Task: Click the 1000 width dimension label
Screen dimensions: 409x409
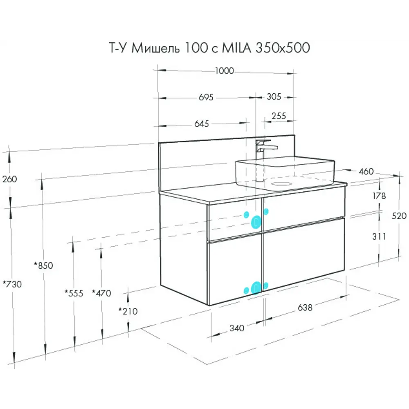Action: [x=224, y=71]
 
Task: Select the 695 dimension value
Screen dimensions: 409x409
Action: [x=207, y=97]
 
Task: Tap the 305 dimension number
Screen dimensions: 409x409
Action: [x=274, y=97]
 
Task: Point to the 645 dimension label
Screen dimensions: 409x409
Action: [x=201, y=124]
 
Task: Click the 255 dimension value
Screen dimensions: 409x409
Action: [x=279, y=116]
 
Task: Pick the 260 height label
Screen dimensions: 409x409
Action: [x=10, y=179]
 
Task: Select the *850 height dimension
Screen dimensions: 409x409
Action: [x=43, y=265]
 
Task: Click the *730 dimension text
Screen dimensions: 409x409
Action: [x=12, y=284]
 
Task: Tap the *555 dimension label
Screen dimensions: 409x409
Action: [x=74, y=293]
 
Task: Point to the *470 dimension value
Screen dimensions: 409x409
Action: [x=101, y=293]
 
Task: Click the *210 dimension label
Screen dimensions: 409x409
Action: [x=128, y=311]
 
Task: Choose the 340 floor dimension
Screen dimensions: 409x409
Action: [x=237, y=328]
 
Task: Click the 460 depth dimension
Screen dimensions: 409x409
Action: [x=366, y=171]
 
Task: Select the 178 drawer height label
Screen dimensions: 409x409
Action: [x=379, y=196]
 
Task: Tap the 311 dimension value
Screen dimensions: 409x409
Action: [x=379, y=236]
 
